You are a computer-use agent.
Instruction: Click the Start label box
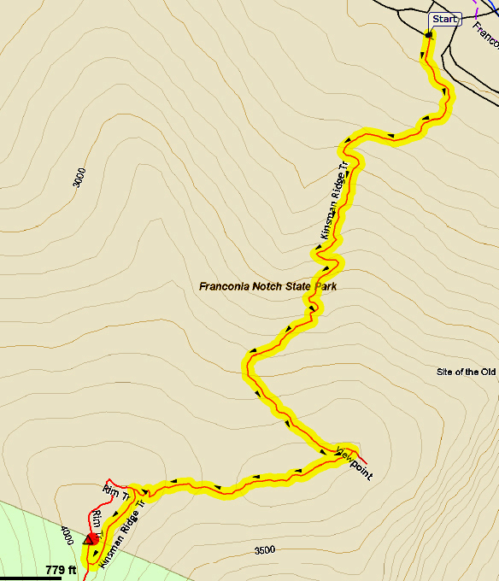[444, 19]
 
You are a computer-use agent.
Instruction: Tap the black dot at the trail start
[428, 35]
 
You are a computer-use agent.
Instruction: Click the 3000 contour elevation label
[79, 178]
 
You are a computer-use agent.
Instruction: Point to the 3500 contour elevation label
[265, 550]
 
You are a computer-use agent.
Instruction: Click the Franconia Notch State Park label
[267, 286]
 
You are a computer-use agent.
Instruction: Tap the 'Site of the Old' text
[466, 373]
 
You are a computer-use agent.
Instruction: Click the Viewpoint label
[354, 461]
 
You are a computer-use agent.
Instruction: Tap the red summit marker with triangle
[90, 539]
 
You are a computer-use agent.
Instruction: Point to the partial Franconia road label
[486, 36]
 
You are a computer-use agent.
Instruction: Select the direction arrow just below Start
[424, 56]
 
